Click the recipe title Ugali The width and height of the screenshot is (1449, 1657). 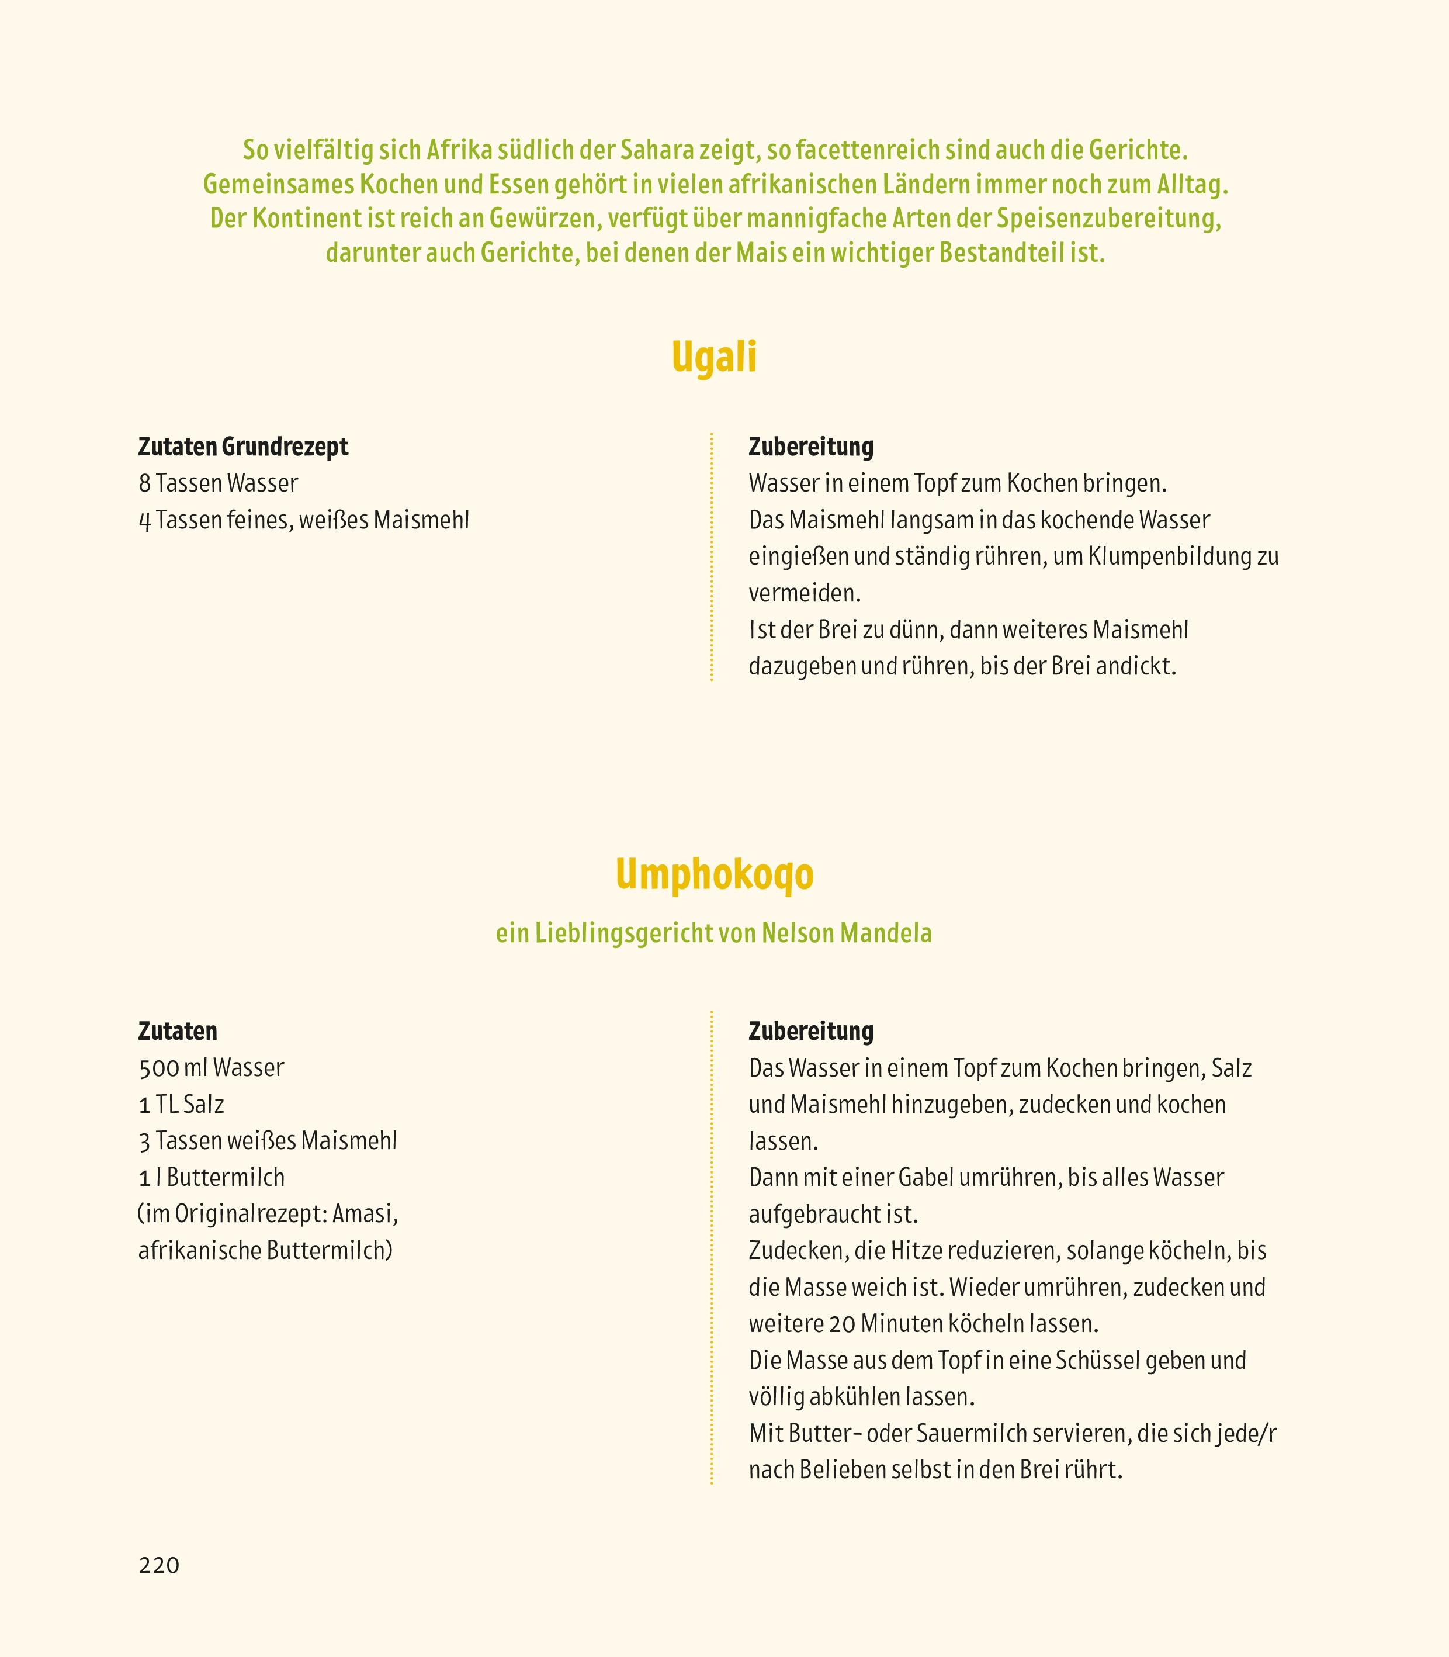click(714, 358)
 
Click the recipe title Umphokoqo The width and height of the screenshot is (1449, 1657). click(714, 875)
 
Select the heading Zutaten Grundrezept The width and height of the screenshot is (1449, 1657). click(244, 447)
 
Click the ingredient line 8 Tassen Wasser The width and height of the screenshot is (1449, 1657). click(219, 483)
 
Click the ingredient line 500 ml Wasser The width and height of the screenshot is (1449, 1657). click(212, 1067)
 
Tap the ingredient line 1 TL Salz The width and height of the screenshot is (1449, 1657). click(182, 1104)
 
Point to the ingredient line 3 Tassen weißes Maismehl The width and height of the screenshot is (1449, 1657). click(268, 1140)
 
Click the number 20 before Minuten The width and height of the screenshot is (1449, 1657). click(841, 1324)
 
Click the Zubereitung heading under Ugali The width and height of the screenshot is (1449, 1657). click(811, 447)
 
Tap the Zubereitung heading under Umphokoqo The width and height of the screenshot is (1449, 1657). click(811, 1031)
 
